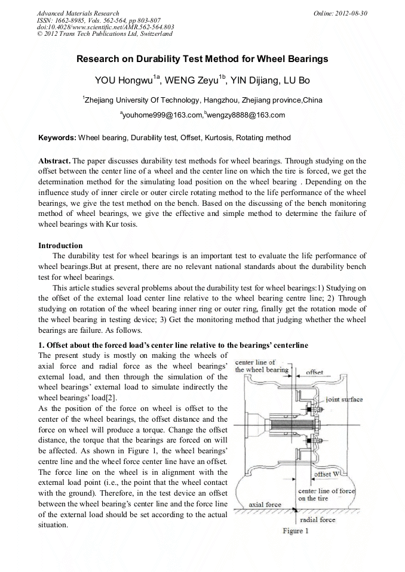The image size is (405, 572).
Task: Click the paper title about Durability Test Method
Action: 202,60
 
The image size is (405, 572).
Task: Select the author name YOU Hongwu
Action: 124,80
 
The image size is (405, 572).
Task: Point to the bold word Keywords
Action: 57,138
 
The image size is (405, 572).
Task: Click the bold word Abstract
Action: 54,161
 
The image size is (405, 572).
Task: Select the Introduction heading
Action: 60,245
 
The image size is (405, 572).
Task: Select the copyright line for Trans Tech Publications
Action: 105,33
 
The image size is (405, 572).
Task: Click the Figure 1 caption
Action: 296,531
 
